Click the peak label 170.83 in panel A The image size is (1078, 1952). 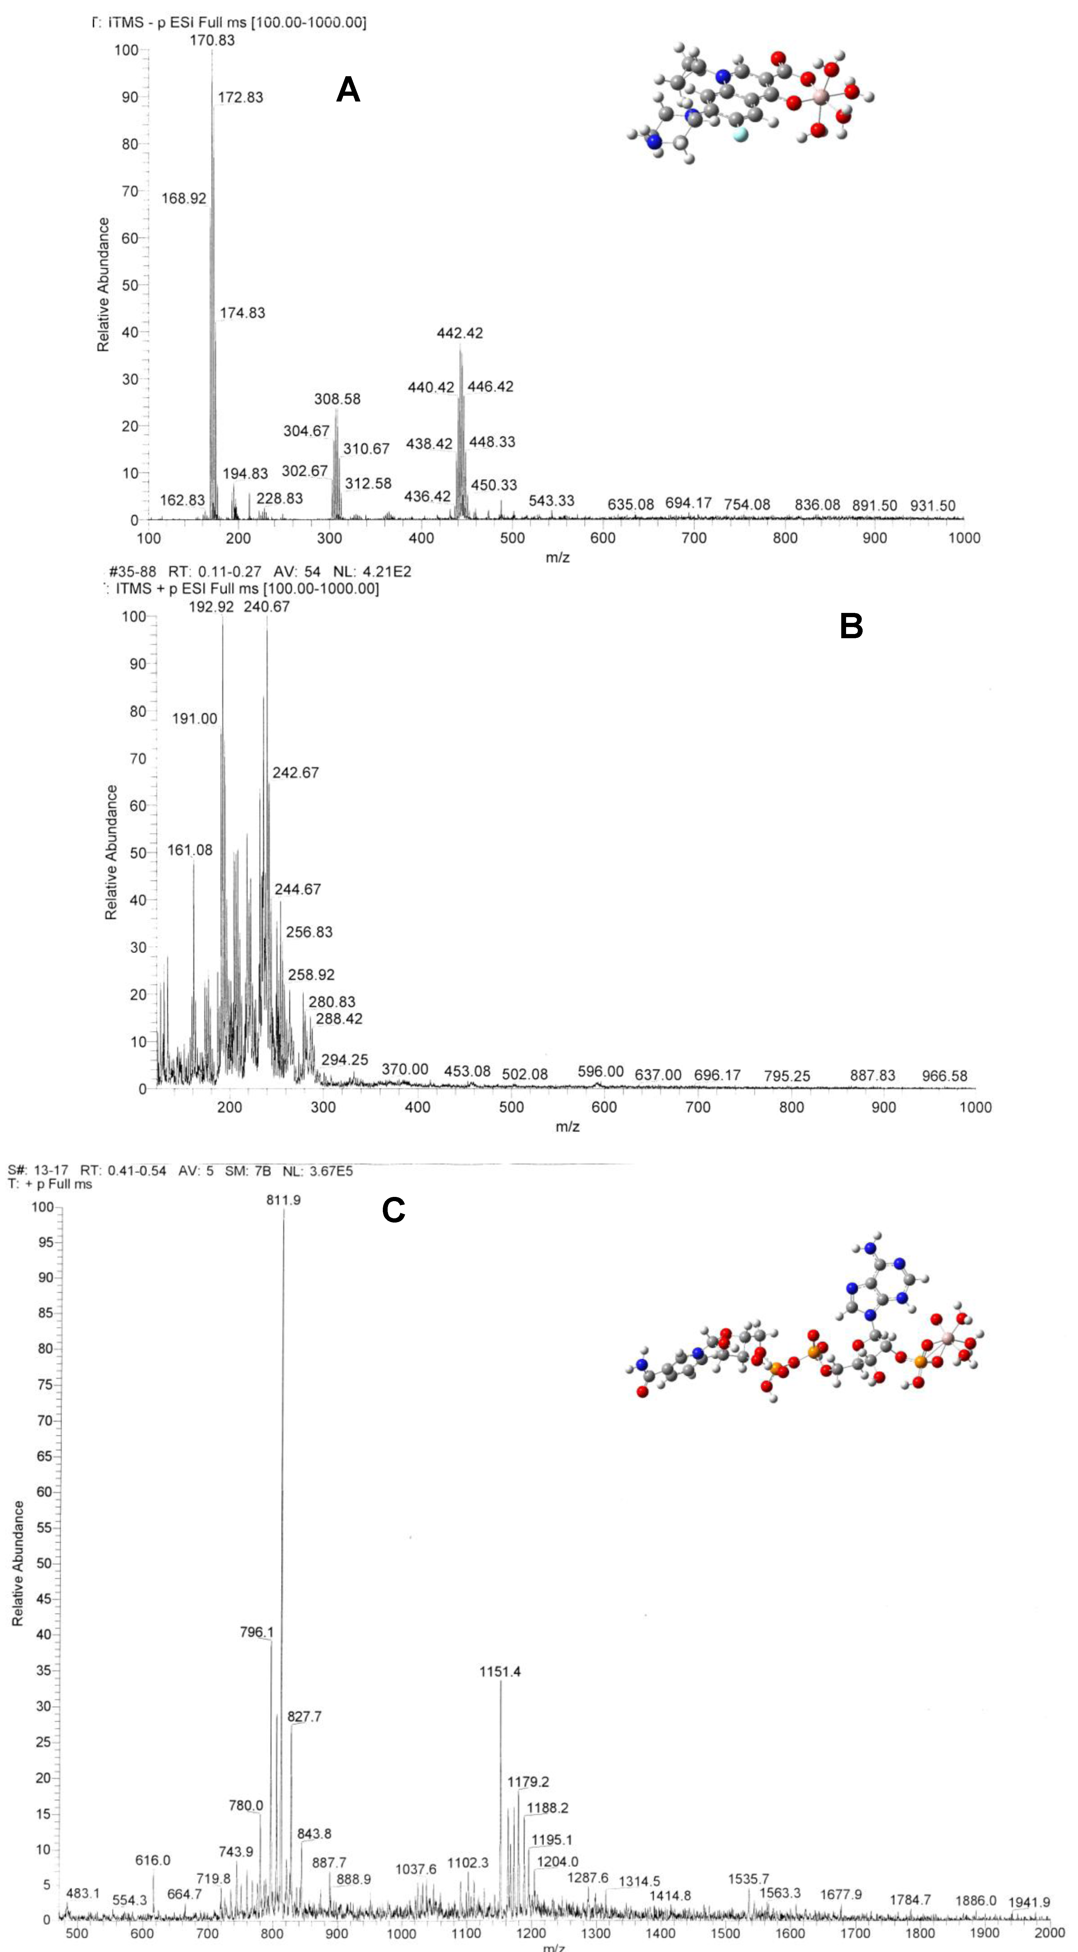pos(212,40)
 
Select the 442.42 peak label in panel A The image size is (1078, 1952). pos(460,333)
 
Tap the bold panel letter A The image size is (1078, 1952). pos(348,90)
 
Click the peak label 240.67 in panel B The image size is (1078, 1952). pos(267,606)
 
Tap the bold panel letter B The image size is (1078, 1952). pos(851,626)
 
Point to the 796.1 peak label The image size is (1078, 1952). pos(256,1632)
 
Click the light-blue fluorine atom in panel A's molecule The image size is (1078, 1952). pos(740,135)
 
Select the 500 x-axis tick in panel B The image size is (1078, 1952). pos(511,1107)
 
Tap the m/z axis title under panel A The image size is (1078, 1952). pos(558,558)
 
